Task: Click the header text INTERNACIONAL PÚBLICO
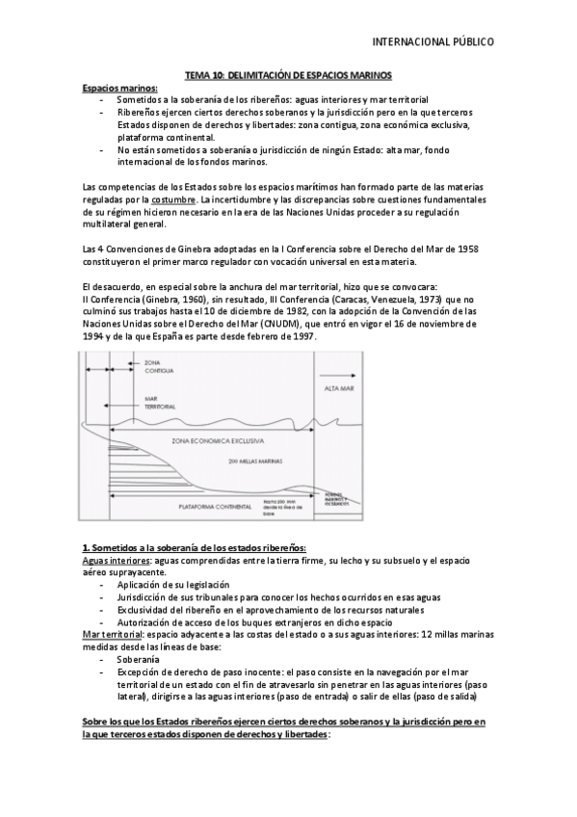tap(433, 42)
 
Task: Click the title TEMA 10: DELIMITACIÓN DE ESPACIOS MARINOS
tap(288, 75)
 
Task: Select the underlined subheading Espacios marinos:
tap(119, 87)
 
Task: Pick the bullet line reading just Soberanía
tap(140, 659)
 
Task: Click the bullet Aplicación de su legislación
tap(173, 585)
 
